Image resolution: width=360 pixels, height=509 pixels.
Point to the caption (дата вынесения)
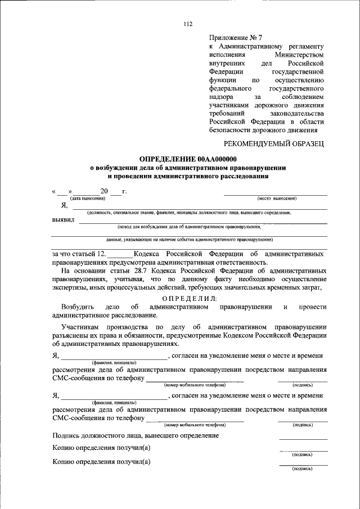87,199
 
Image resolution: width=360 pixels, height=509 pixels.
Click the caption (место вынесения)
277,199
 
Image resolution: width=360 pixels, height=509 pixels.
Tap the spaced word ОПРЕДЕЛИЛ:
189,298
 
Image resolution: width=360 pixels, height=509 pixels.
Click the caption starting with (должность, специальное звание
188,213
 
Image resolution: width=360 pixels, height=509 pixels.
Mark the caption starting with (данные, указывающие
188,240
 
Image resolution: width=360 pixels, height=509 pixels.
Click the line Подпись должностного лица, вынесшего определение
135,435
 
